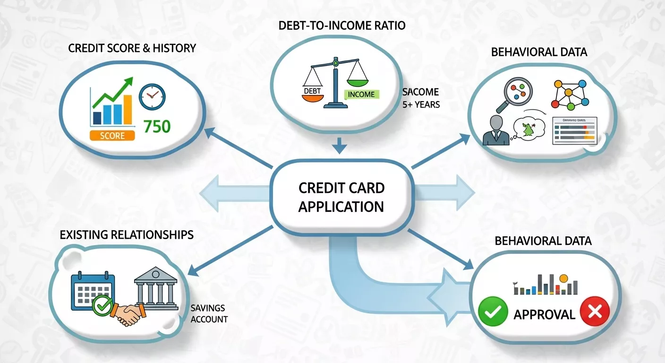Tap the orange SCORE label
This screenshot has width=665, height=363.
pyautogui.click(x=112, y=136)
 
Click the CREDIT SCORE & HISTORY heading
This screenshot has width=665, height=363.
pyautogui.click(x=132, y=48)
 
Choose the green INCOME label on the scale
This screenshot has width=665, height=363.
pyautogui.click(x=361, y=94)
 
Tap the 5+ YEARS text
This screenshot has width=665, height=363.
pyautogui.click(x=421, y=104)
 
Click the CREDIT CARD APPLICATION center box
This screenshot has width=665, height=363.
pyautogui.click(x=341, y=197)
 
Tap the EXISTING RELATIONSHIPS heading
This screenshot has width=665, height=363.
pyautogui.click(x=127, y=235)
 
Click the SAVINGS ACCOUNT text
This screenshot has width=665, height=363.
pyautogui.click(x=209, y=313)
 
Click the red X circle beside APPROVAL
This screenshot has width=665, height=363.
pyautogui.click(x=595, y=312)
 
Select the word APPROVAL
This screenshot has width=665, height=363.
pyautogui.click(x=544, y=315)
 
